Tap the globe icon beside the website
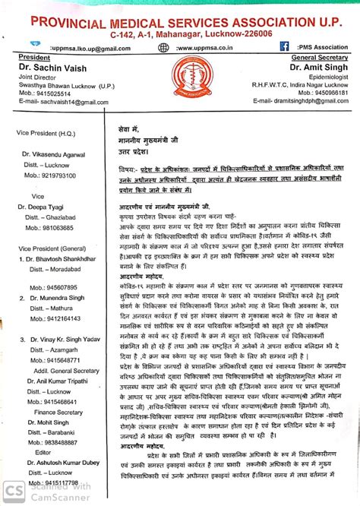click(163, 46)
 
